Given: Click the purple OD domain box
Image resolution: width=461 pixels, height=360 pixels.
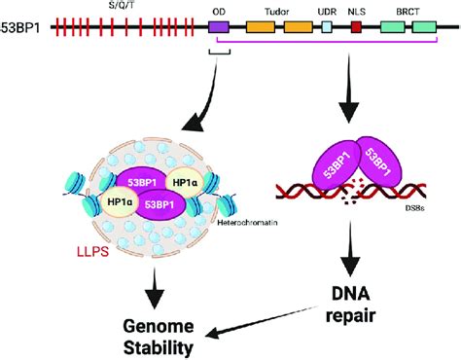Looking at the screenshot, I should (x=219, y=30).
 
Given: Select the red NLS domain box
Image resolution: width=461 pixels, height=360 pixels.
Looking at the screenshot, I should (x=356, y=30).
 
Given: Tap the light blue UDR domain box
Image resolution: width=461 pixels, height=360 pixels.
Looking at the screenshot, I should (x=327, y=30).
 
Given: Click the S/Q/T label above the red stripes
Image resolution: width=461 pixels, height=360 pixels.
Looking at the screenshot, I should (x=107, y=6).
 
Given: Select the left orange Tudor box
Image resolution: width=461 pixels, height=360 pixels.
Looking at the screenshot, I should (x=260, y=30).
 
